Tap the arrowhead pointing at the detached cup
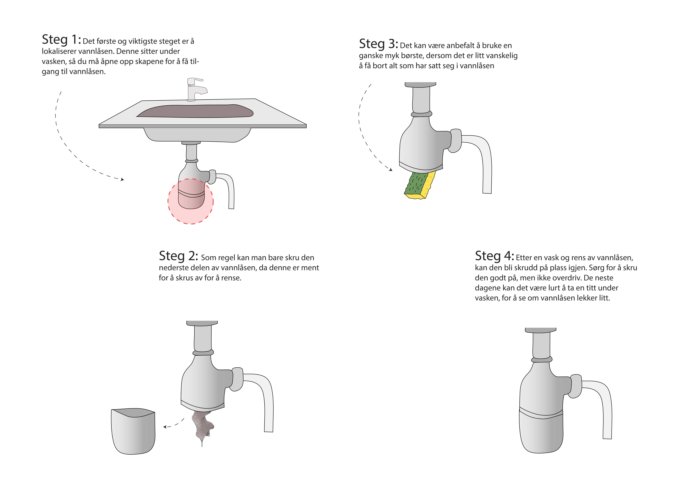coord(165,427)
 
